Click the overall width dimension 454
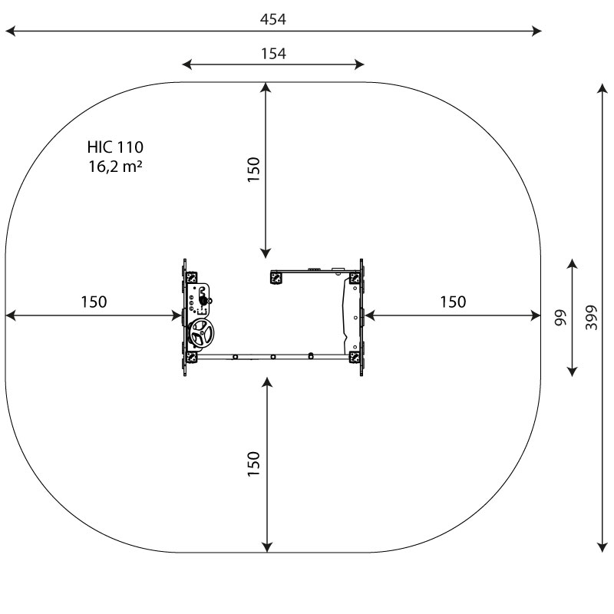pyautogui.click(x=273, y=19)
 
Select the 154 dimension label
pyautogui.click(x=273, y=54)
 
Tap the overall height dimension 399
pyautogui.click(x=591, y=317)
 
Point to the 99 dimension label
pyautogui.click(x=561, y=318)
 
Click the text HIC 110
pyautogui.click(x=115, y=147)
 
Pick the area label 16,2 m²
pyautogui.click(x=115, y=167)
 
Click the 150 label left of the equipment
pyautogui.click(x=94, y=302)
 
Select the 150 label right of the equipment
pyautogui.click(x=453, y=302)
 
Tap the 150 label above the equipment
pyautogui.click(x=254, y=169)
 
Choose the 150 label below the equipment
pyautogui.click(x=254, y=464)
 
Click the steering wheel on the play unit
pyautogui.click(x=201, y=333)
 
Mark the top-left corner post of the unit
pyautogui.click(x=191, y=277)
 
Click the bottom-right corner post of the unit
pyautogui.click(x=355, y=358)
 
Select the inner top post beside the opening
pyautogui.click(x=276, y=279)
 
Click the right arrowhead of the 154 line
pyautogui.click(x=359, y=64)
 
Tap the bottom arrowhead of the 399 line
pyautogui.click(x=602, y=547)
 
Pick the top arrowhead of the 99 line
pyautogui.click(x=573, y=264)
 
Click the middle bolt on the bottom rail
pyautogui.click(x=273, y=357)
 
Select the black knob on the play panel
pyautogui.click(x=203, y=301)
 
